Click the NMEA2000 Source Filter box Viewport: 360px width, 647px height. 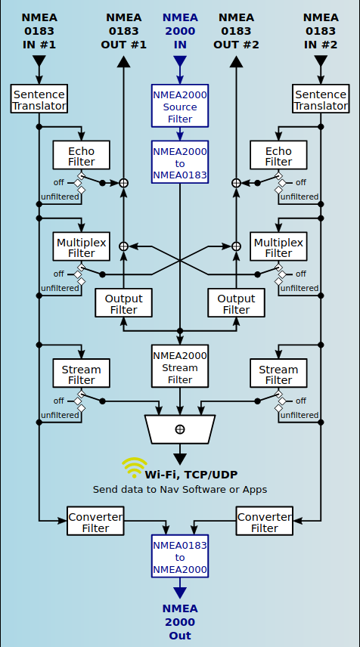(180, 106)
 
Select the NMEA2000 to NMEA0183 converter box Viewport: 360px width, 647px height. (180, 163)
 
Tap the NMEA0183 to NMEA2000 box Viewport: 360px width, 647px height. (180, 556)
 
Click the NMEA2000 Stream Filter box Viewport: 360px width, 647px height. (180, 367)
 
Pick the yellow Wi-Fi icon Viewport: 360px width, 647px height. (134, 467)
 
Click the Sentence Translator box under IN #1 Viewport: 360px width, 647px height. (39, 99)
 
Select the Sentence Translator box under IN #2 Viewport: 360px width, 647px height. (321, 99)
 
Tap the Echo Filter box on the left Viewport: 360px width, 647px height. (82, 155)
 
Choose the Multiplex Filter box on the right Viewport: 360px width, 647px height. (278, 246)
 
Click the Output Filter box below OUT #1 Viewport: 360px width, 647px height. (123, 303)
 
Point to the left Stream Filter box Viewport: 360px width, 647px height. (82, 373)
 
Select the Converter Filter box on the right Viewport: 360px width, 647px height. (265, 521)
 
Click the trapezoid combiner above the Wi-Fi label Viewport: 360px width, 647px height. (180, 429)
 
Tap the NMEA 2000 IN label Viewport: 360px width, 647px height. (180, 31)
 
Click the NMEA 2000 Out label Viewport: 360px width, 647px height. (180, 622)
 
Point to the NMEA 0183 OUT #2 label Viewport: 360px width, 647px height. (236, 31)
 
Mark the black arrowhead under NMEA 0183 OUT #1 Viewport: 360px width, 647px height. (123, 62)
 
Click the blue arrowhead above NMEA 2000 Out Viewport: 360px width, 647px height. (180, 593)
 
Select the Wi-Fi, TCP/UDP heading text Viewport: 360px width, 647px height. (191, 475)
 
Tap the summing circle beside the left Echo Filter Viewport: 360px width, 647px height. (123, 183)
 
